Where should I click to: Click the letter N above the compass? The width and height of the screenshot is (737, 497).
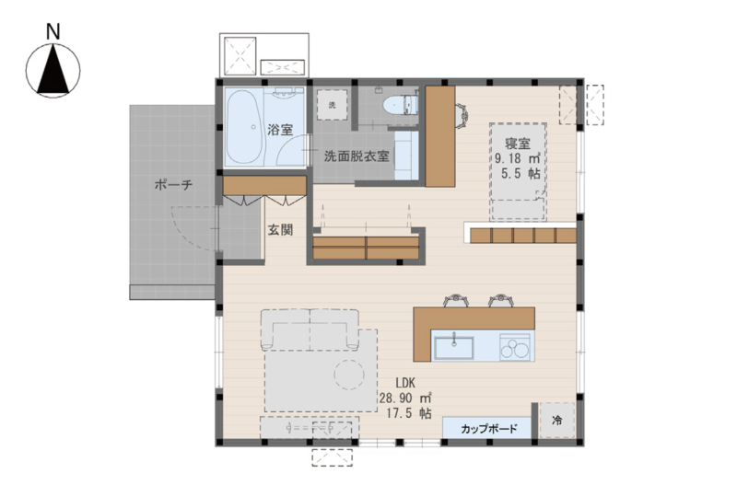tap(53, 32)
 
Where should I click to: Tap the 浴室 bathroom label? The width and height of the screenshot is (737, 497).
tap(280, 130)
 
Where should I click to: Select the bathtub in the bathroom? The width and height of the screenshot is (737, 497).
tap(245, 127)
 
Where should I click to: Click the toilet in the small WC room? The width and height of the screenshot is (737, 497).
tap(401, 105)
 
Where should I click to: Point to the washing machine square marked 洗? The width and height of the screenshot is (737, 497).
tap(332, 105)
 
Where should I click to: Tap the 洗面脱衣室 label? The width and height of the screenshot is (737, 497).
tap(357, 156)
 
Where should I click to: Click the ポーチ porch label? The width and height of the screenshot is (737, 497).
tap(173, 185)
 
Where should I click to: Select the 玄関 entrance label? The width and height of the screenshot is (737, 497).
tap(281, 230)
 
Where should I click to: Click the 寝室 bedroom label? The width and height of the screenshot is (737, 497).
tap(518, 144)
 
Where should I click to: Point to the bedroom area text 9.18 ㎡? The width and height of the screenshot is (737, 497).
tap(517, 157)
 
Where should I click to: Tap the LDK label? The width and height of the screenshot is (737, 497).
tap(404, 383)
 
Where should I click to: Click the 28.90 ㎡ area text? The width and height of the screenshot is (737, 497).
tap(405, 399)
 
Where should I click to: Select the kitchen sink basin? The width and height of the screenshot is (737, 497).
tap(453, 347)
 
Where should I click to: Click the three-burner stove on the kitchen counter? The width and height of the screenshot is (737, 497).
tap(515, 346)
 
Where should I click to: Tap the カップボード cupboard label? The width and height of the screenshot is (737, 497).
tap(489, 428)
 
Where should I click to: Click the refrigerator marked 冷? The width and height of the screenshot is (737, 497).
tap(557, 421)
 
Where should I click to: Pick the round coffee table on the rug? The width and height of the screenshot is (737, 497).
tap(349, 375)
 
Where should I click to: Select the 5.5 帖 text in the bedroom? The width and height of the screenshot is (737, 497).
tap(521, 173)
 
